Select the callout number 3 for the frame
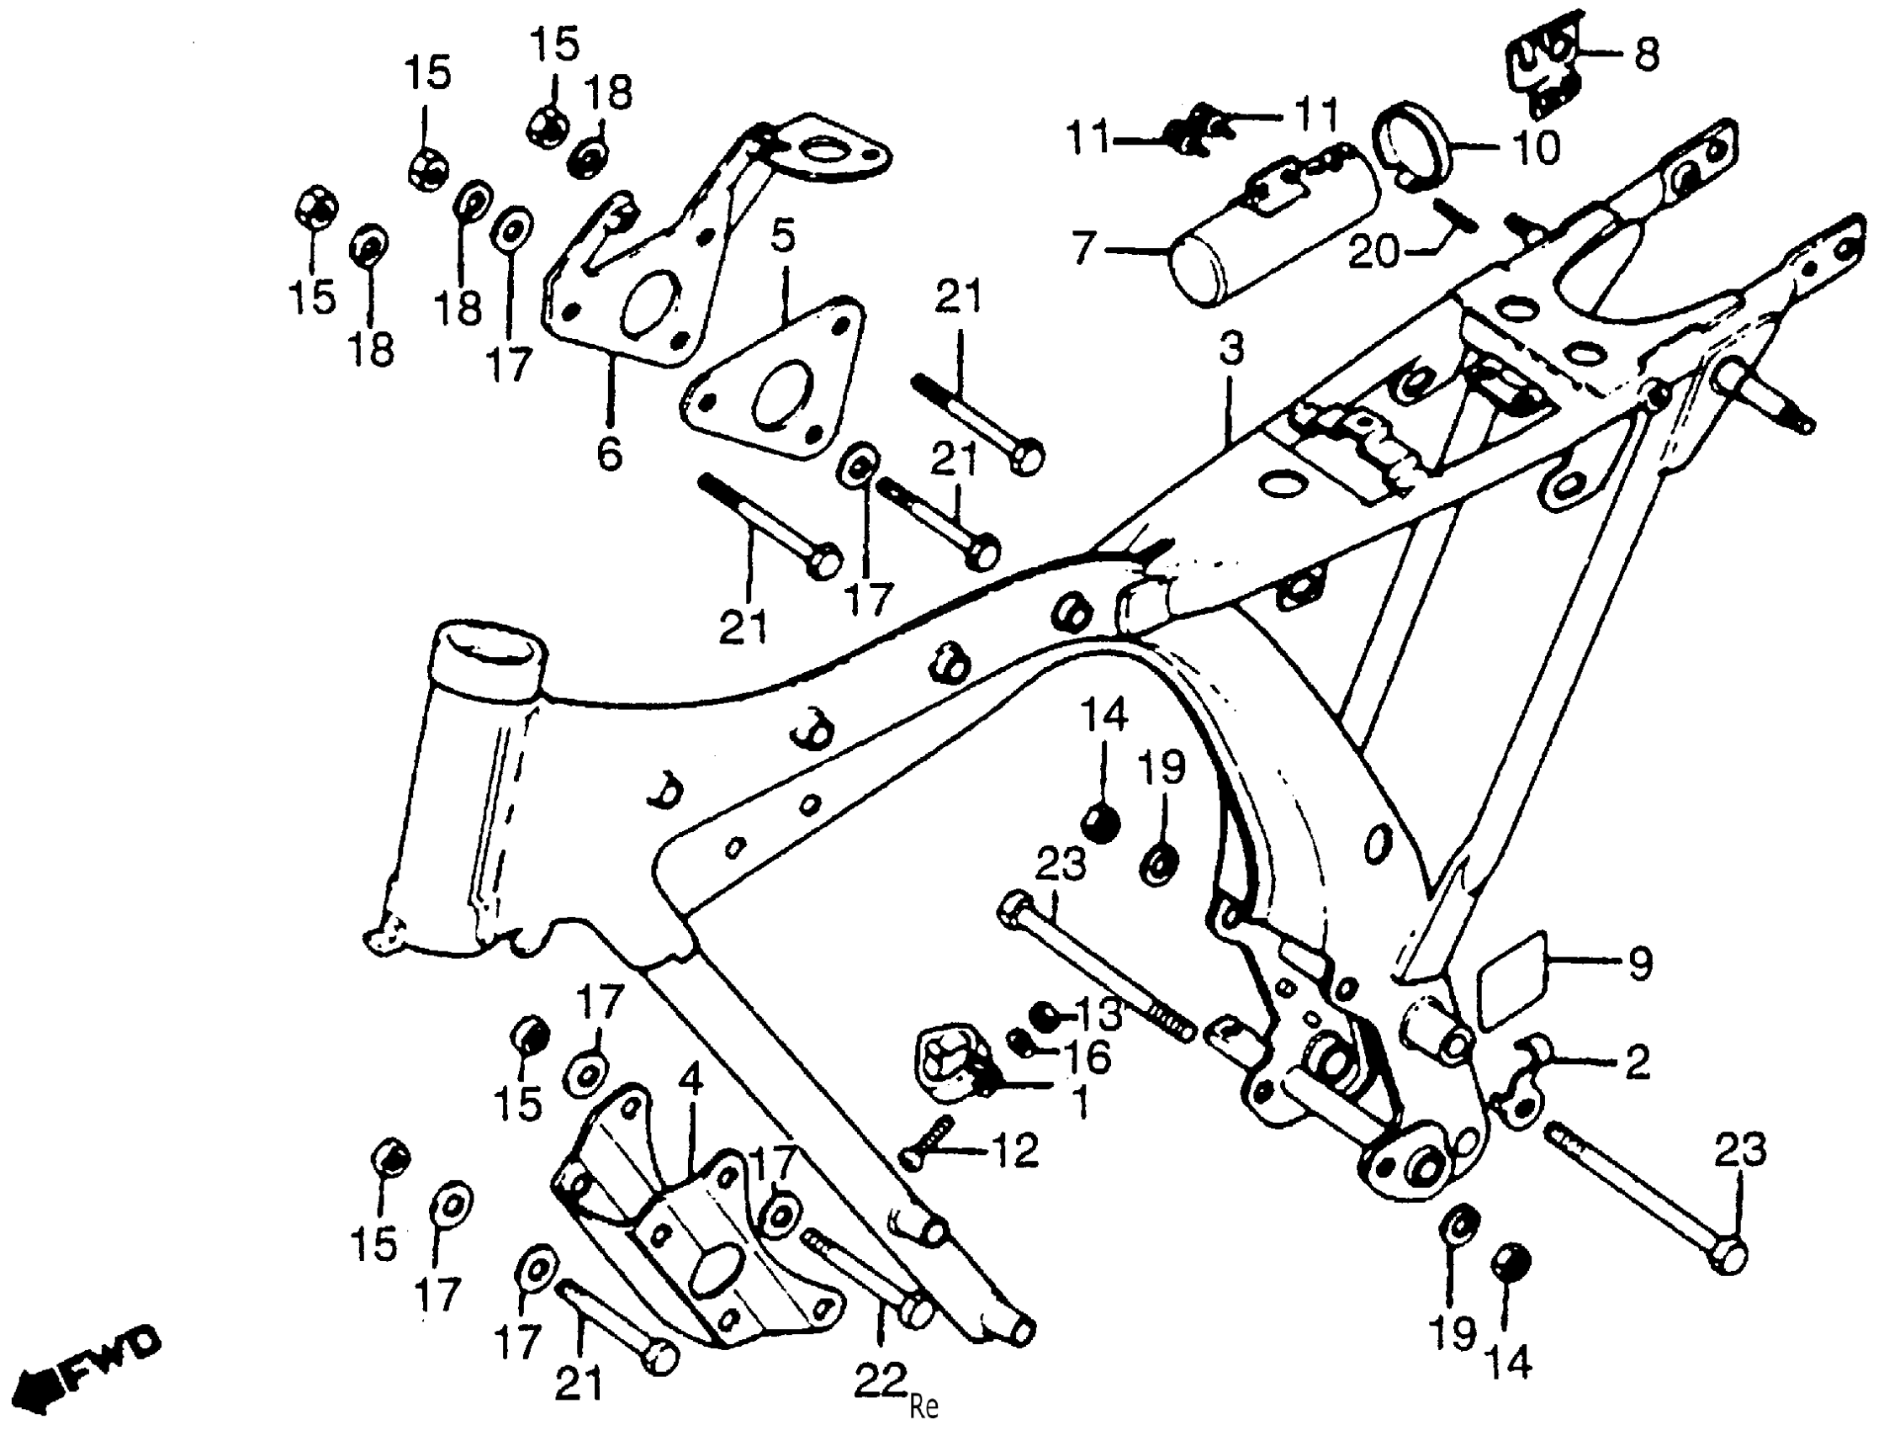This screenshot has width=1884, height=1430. tap(1230, 348)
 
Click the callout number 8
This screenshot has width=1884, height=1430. tap(1645, 56)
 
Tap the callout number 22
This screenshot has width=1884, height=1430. tap(880, 1380)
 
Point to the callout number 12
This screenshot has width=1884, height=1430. tap(1013, 1152)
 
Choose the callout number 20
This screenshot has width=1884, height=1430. tap(1373, 252)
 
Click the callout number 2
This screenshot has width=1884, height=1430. tap(1637, 1062)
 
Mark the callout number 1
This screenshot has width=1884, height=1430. tap(1079, 1104)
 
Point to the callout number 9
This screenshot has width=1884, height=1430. tap(1640, 963)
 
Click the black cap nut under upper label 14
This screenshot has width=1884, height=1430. tap(1099, 824)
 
